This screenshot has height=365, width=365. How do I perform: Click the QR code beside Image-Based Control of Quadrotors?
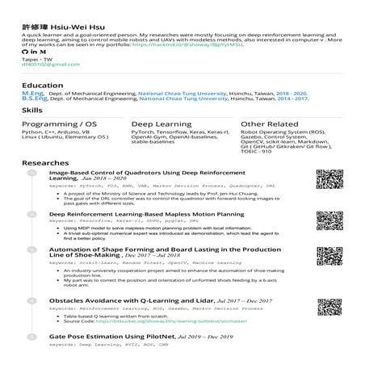pyautogui.click(x=325, y=182)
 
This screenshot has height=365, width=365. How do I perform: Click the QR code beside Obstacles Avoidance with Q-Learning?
pyautogui.click(x=325, y=308)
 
